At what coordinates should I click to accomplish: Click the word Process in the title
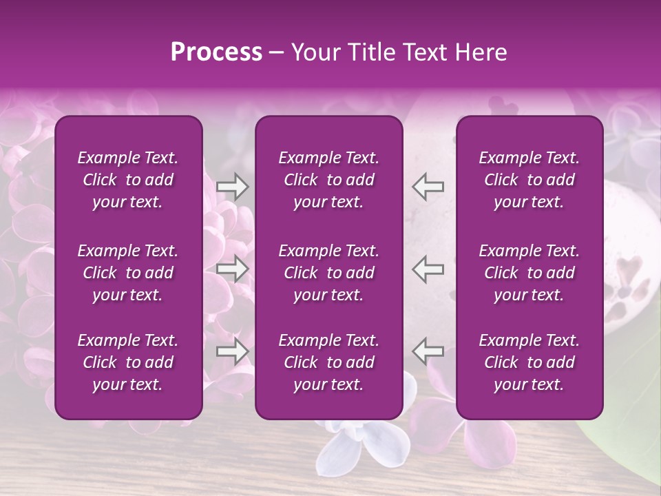[x=216, y=52]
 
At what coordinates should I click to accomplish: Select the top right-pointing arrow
[x=232, y=187]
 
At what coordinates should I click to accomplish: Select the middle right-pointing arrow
[x=232, y=269]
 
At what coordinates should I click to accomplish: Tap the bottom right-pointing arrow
[x=232, y=351]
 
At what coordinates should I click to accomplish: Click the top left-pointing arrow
[x=428, y=187]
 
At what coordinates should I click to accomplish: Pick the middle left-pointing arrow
[x=428, y=269]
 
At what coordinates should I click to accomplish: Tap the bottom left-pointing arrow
[x=428, y=351]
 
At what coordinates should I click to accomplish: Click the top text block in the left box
[x=128, y=180]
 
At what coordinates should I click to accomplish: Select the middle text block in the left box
[x=128, y=273]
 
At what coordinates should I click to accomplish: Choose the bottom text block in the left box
[x=128, y=362]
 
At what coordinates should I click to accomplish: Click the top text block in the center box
[x=329, y=180]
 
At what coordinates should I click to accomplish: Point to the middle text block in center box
[x=329, y=273]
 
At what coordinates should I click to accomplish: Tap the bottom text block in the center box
[x=329, y=362]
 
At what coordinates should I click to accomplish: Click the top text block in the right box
[x=529, y=180]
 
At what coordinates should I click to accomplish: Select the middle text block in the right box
[x=529, y=273]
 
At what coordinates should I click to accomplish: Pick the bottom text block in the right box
[x=529, y=362]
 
